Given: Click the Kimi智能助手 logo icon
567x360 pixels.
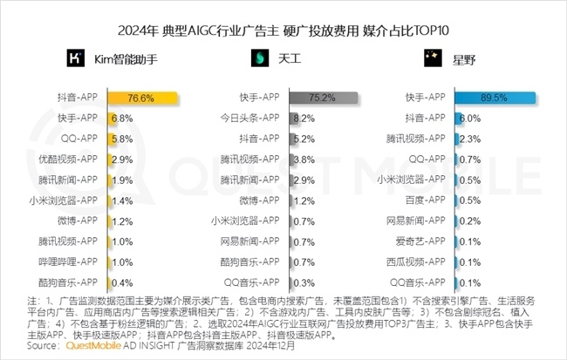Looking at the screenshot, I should click(76, 58).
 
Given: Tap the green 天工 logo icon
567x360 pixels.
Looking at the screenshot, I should click(260, 58).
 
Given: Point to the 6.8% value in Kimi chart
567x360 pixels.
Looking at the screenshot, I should click(121, 118).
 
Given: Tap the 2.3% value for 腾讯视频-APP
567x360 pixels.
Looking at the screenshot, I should click(470, 138).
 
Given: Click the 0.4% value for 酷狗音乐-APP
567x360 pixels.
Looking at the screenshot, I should click(121, 282).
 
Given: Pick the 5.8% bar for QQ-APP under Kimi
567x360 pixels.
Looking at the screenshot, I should click(109, 138).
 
